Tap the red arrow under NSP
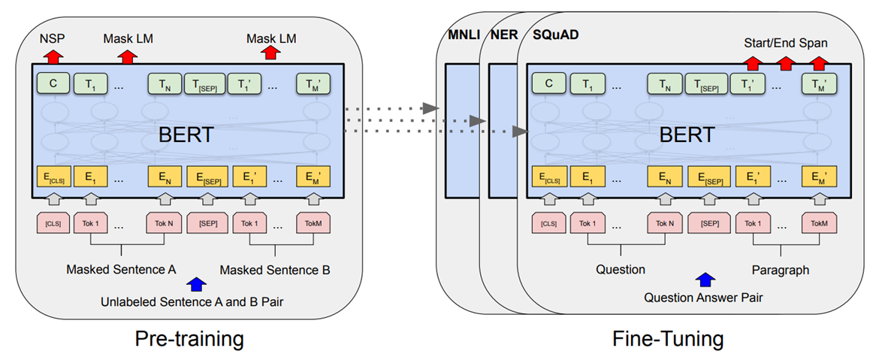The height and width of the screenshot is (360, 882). coord(53,56)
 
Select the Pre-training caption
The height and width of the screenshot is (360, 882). coord(189,338)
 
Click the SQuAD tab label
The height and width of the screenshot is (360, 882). coord(555,35)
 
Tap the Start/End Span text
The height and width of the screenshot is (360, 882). coord(786,44)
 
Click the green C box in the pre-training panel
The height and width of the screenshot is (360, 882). coord(53,83)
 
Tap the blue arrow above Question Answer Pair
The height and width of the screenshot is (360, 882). coord(704,281)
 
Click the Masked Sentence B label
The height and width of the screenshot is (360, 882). coord(274,269)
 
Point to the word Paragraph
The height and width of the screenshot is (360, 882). coord(781,268)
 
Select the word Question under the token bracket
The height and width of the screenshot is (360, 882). coord(620,268)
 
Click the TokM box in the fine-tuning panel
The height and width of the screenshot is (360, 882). coord(819,223)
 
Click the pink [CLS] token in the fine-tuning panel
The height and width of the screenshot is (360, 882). coord(548,223)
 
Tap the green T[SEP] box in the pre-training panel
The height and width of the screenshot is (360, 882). coord(207,83)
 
